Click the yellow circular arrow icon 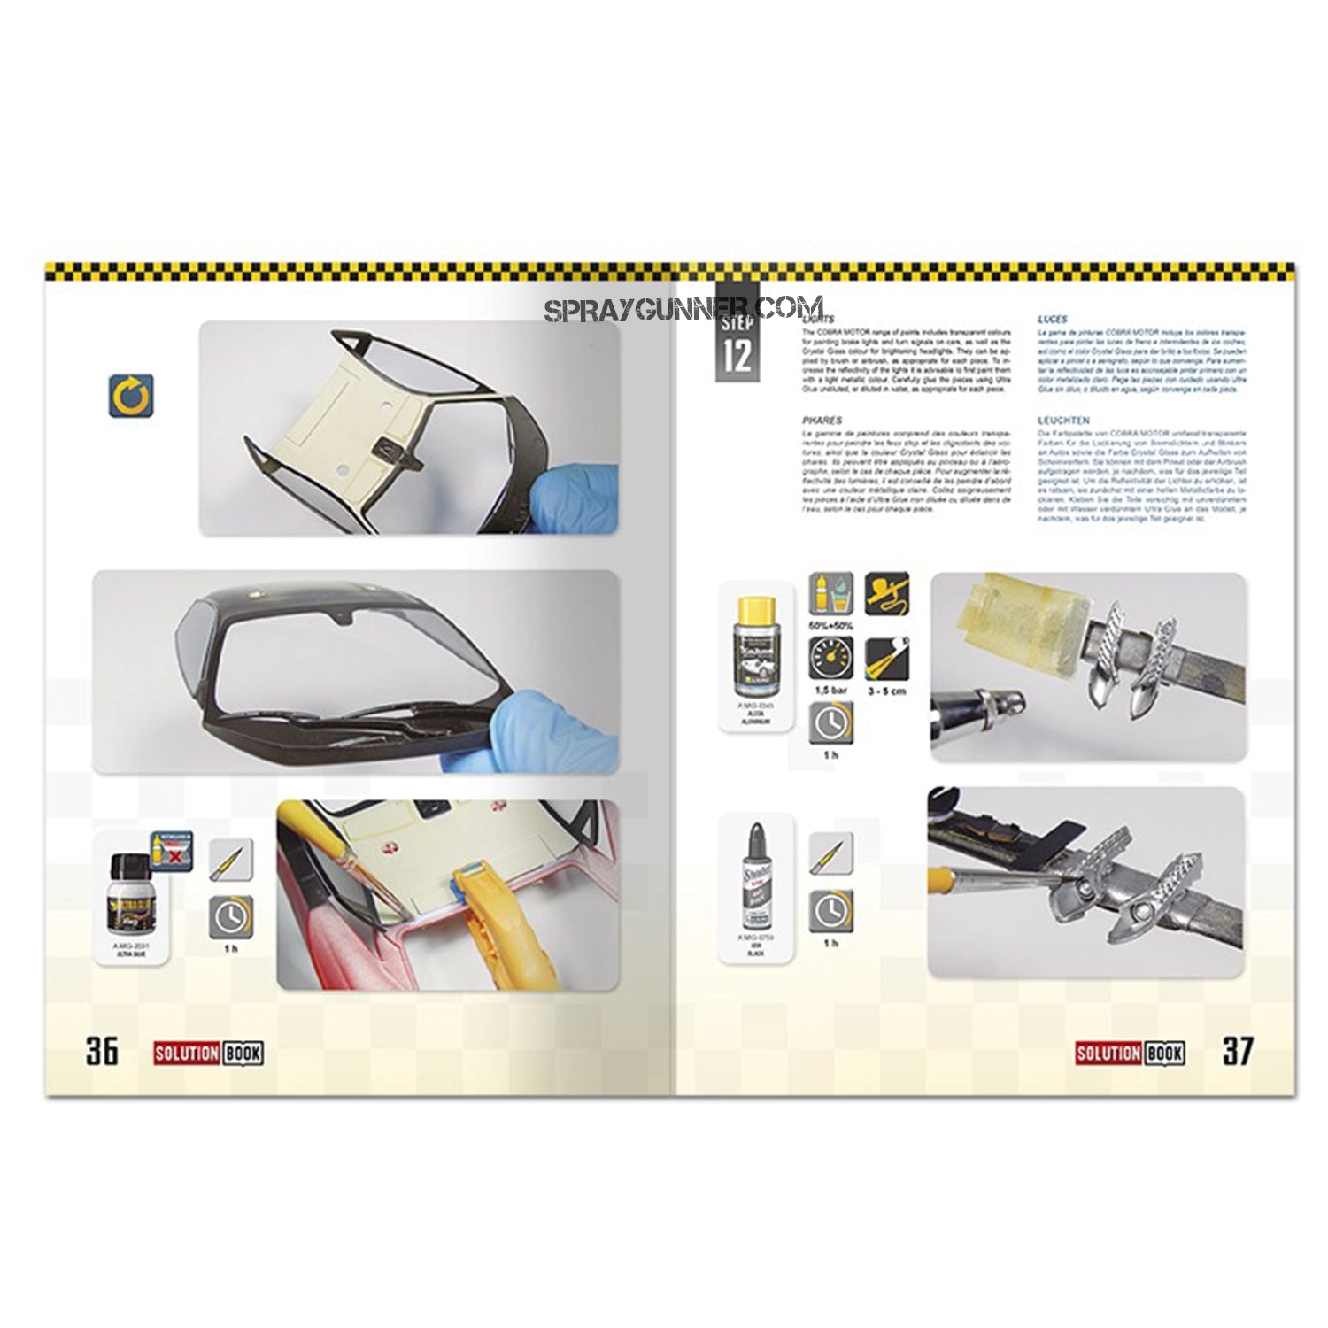click(x=132, y=396)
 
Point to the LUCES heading click(x=1052, y=319)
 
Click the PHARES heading click(x=819, y=421)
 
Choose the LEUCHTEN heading click(x=1064, y=421)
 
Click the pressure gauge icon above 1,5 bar click(x=830, y=658)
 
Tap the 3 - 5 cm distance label click(x=886, y=691)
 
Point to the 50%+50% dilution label click(x=830, y=625)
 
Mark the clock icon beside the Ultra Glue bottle click(x=230, y=917)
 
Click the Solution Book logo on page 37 click(x=1130, y=1053)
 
